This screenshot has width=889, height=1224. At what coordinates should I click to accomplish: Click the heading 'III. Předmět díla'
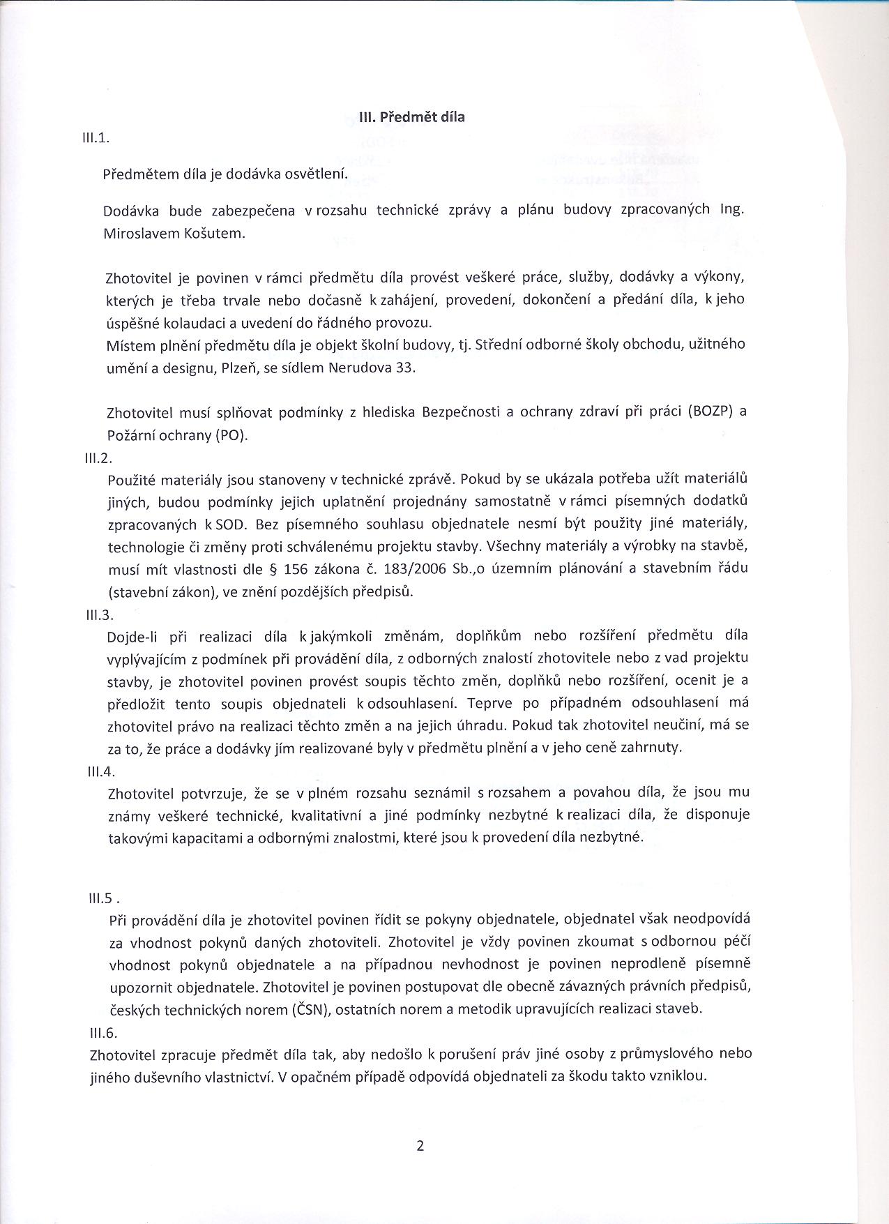411,117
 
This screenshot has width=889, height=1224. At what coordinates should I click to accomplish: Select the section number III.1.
96,137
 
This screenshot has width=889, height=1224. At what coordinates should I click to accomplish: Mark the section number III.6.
102,1034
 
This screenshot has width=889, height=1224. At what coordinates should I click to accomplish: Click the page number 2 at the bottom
420,1145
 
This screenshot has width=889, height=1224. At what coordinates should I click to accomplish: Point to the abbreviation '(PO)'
230,435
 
